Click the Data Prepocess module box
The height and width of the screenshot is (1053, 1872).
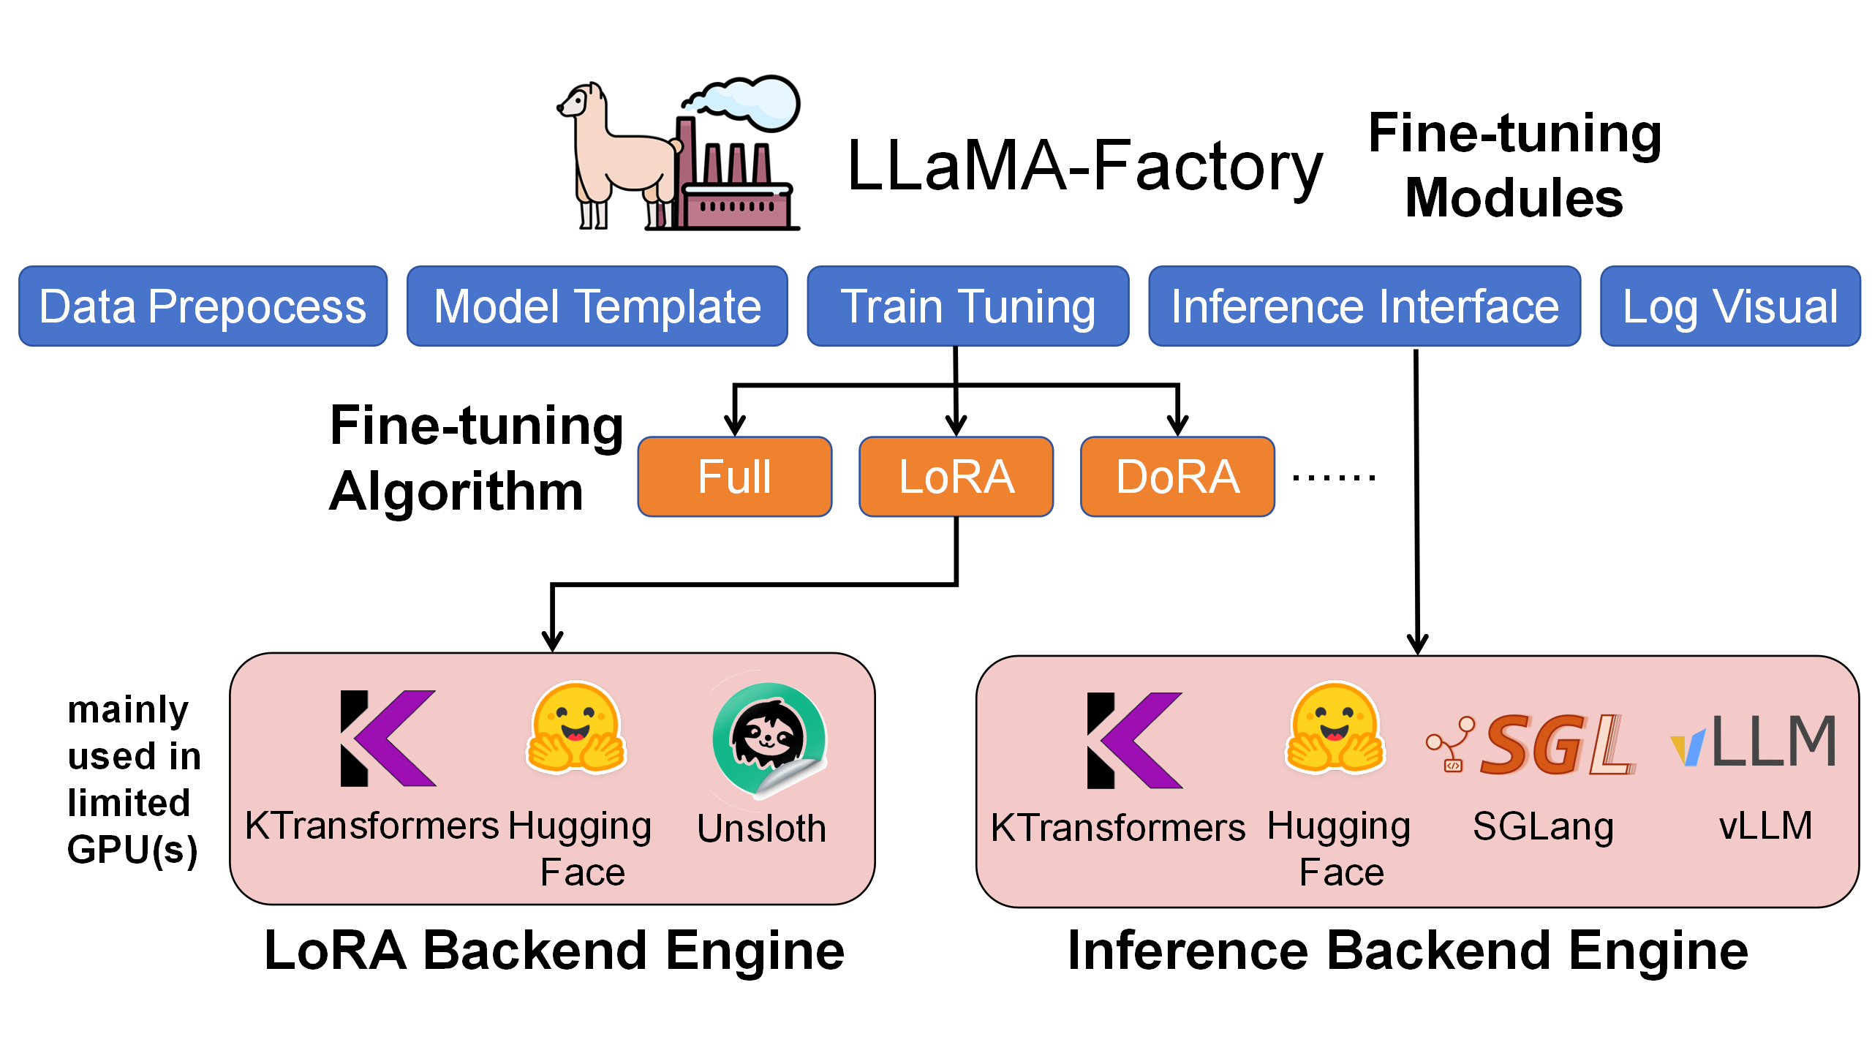203,306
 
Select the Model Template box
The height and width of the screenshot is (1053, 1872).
597,306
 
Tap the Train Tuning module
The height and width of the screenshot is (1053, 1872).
967,306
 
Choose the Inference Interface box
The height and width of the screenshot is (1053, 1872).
1365,306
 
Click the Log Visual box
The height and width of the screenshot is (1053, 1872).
1729,306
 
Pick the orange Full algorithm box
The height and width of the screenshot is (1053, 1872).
734,477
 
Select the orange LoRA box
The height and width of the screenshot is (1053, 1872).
956,477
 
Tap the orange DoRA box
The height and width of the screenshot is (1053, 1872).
1177,477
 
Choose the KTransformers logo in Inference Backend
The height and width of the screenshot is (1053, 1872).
1133,740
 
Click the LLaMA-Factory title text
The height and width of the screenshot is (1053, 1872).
1084,167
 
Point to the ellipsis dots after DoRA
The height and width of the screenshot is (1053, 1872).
1334,478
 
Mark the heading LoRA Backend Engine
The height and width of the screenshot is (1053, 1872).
554,951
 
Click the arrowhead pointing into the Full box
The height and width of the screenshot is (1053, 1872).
734,426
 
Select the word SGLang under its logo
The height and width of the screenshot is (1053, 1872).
1543,826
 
